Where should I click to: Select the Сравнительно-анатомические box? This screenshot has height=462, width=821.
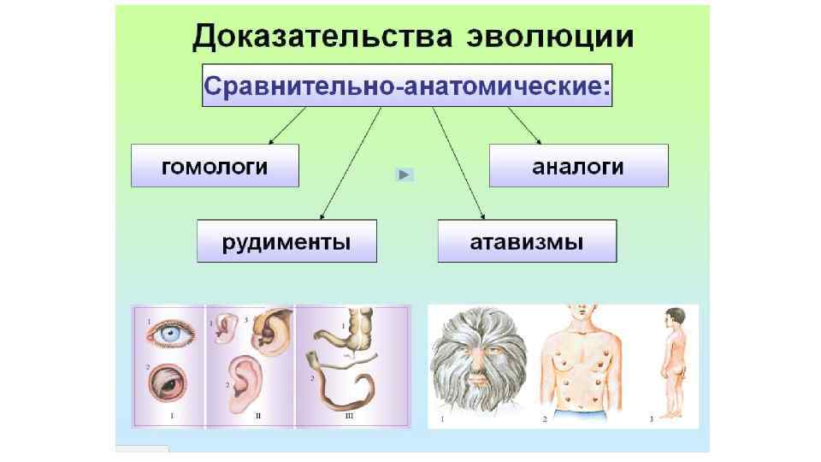pyautogui.click(x=407, y=85)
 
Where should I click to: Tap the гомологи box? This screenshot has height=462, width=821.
pyautogui.click(x=215, y=165)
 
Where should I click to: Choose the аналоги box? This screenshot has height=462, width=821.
pyautogui.click(x=578, y=166)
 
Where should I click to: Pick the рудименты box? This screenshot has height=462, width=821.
pyautogui.click(x=286, y=241)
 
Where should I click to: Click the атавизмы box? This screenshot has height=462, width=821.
pyautogui.click(x=527, y=241)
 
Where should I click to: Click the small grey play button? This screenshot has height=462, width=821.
pyautogui.click(x=405, y=175)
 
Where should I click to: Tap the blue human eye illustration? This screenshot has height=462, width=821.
pyautogui.click(x=175, y=336)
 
